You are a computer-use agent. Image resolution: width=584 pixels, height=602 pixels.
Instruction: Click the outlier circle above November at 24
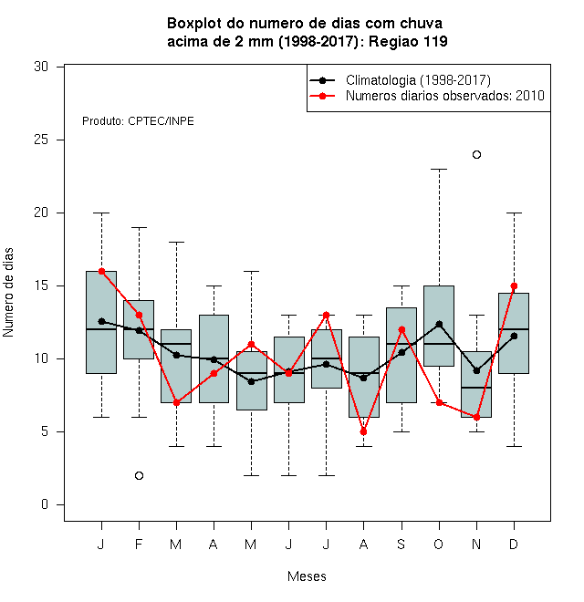(x=476, y=155)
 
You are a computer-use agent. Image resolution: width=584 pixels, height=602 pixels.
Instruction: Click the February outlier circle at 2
(x=139, y=476)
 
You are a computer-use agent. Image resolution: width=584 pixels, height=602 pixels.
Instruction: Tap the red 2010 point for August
(x=363, y=432)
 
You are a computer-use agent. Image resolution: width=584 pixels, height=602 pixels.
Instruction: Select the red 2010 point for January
(x=102, y=272)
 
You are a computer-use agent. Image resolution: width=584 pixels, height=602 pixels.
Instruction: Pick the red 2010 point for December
(x=514, y=286)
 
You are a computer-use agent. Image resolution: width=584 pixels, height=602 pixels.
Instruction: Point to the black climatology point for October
(x=439, y=325)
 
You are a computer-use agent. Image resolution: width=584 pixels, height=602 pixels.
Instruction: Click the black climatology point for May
(x=251, y=381)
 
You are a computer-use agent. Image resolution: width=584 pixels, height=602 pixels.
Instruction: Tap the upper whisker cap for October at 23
(x=439, y=169)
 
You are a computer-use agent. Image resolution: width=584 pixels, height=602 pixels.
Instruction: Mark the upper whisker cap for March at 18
(x=176, y=243)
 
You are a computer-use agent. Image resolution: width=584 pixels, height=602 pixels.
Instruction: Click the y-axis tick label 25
(x=41, y=140)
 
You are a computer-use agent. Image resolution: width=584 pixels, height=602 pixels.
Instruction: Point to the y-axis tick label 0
(x=45, y=504)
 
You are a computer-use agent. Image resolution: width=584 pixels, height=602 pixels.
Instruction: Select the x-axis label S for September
(x=401, y=545)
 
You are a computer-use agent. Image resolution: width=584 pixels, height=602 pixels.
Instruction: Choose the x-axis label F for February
(x=139, y=545)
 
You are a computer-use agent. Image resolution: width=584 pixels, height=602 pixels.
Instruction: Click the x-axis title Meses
(x=307, y=576)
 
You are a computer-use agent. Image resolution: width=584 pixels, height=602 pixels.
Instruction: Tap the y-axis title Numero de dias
(x=8, y=293)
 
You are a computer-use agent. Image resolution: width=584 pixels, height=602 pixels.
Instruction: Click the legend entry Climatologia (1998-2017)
(x=418, y=80)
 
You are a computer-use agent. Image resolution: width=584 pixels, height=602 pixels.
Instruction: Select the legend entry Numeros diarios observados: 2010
(x=445, y=96)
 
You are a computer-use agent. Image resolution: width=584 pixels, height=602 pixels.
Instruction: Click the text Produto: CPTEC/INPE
(x=138, y=121)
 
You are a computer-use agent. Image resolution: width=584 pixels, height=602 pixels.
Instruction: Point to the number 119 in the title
(x=435, y=41)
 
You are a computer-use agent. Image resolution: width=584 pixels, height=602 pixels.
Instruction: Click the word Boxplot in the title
(x=194, y=24)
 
